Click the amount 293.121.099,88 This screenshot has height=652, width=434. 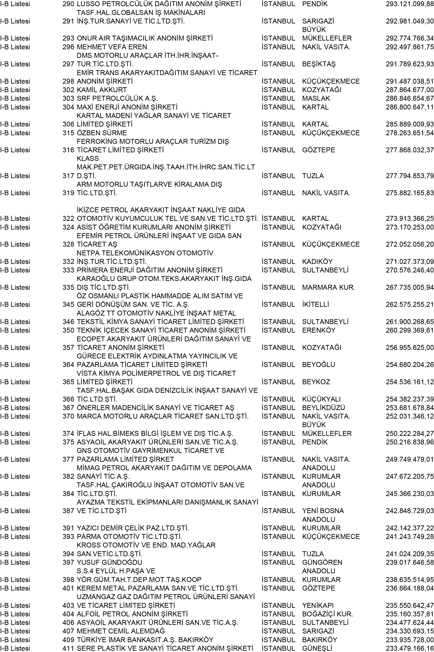[x=410, y=4]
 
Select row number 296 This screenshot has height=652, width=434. [x=68, y=47]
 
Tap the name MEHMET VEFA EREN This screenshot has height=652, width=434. [x=112, y=47]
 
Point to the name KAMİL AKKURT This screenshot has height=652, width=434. [x=102, y=90]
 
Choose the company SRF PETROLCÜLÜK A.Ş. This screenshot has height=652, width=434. [x=117, y=98]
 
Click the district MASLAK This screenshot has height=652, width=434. [x=316, y=98]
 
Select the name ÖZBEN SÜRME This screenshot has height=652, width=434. [x=102, y=133]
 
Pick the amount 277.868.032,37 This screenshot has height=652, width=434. [x=410, y=150]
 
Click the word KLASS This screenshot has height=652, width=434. [x=88, y=159]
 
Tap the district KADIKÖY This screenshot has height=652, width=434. [x=317, y=262]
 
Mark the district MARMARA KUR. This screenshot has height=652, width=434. [x=328, y=288]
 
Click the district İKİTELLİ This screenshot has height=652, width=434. [x=315, y=305]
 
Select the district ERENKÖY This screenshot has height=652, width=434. [x=319, y=330]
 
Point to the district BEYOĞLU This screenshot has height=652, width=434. [x=319, y=365]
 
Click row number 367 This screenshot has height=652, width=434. [x=68, y=408]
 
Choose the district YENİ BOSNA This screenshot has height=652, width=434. [x=323, y=511]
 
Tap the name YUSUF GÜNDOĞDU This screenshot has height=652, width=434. [x=109, y=562]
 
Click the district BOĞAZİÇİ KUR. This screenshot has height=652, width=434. [x=327, y=614]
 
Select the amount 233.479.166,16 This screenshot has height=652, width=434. [x=410, y=648]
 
